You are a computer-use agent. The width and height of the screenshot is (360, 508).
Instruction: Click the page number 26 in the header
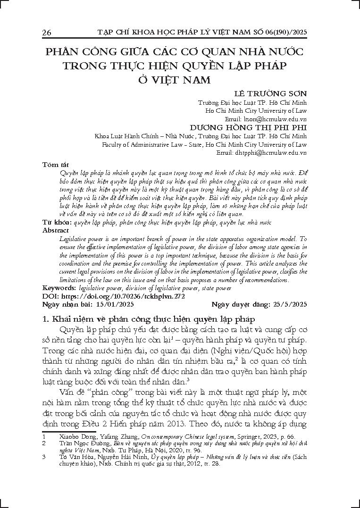pyautogui.click(x=47, y=32)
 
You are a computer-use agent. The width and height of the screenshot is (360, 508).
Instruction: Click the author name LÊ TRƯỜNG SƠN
pyautogui.click(x=274, y=94)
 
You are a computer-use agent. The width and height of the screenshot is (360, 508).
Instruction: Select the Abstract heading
pyautogui.click(x=56, y=231)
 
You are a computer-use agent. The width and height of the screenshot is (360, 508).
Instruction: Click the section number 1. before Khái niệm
pyautogui.click(x=46, y=319)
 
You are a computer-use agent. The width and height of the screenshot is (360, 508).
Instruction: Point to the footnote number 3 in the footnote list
pyautogui.click(x=43, y=457)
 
